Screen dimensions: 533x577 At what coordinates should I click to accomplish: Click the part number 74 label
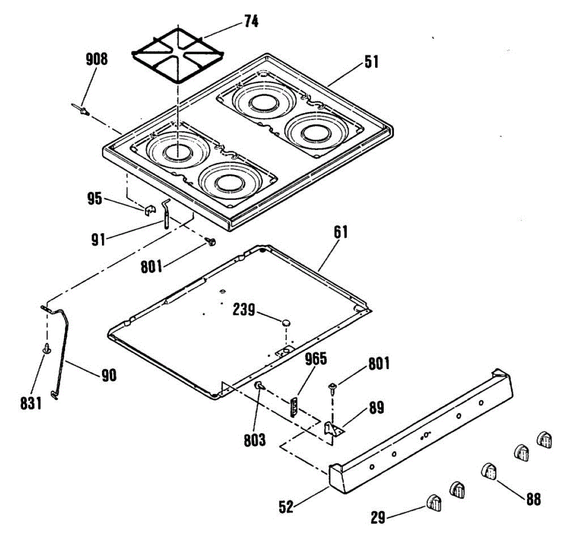point(251,22)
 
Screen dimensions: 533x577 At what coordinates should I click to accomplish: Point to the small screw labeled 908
point(82,111)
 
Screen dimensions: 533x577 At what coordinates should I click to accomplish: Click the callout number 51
point(371,62)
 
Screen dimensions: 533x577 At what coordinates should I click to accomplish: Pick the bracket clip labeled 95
point(151,210)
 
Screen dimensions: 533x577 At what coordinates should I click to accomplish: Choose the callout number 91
point(98,239)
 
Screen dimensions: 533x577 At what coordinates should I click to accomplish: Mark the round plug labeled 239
point(287,322)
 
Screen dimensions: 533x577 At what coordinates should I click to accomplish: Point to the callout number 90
point(109,375)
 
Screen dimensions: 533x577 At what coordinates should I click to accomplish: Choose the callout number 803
point(254,439)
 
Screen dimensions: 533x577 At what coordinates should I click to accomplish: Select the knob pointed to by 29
point(433,502)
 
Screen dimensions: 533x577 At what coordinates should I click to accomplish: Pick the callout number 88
point(533,499)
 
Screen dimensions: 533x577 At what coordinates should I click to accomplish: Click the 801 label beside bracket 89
point(378,363)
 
